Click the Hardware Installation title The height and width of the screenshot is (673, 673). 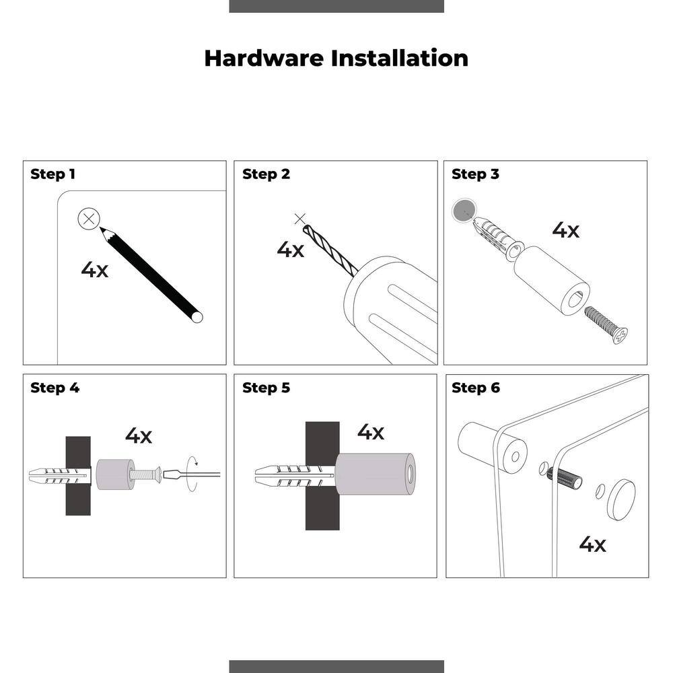pyautogui.click(x=336, y=59)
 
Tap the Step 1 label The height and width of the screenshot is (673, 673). pyautogui.click(x=52, y=174)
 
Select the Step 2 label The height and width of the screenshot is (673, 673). pyautogui.click(x=266, y=174)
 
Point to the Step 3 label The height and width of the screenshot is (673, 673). pyautogui.click(x=476, y=174)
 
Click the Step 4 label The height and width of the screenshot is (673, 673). pyautogui.click(x=55, y=388)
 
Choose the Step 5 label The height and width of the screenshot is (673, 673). pyautogui.click(x=266, y=388)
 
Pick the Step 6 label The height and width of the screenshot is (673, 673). pyautogui.click(x=476, y=388)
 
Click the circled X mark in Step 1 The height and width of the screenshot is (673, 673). pyautogui.click(x=89, y=219)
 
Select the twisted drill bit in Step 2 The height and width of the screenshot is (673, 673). pyautogui.click(x=330, y=251)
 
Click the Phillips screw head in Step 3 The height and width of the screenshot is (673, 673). pyautogui.click(x=620, y=334)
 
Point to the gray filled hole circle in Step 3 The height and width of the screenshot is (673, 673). pyautogui.click(x=464, y=211)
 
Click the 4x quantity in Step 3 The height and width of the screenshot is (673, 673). pyautogui.click(x=565, y=230)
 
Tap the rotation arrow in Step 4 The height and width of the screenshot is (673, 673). pyautogui.click(x=192, y=474)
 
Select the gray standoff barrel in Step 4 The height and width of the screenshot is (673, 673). pyautogui.click(x=115, y=474)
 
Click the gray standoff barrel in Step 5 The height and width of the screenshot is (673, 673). pyautogui.click(x=375, y=474)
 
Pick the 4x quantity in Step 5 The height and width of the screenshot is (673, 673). pyautogui.click(x=370, y=432)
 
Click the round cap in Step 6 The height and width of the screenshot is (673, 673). pyautogui.click(x=621, y=499)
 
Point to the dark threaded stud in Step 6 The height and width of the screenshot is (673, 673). pyautogui.click(x=565, y=478)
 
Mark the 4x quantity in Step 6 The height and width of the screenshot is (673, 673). pyautogui.click(x=592, y=544)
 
